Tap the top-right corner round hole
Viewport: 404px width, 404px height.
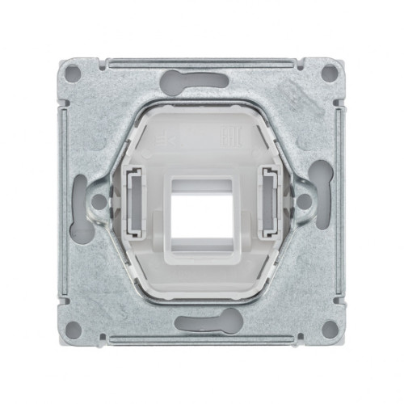pyautogui.click(x=329, y=73)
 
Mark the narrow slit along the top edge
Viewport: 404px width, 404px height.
pyautogui.click(x=202, y=60)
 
